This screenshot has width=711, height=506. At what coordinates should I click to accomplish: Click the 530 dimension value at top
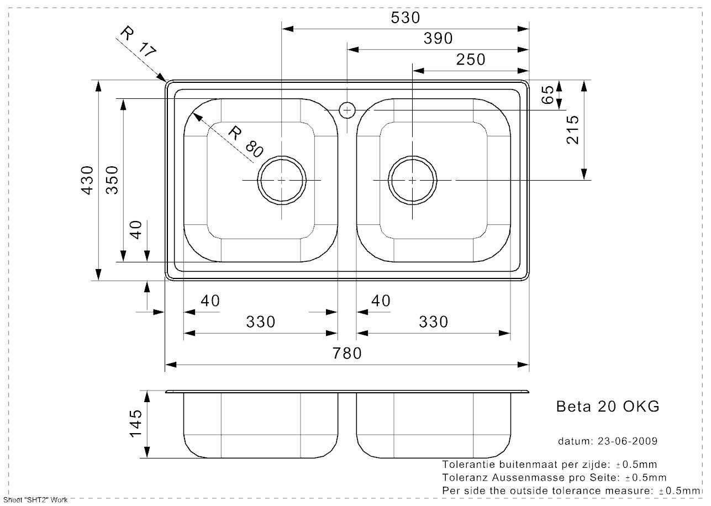pyautogui.click(x=405, y=18)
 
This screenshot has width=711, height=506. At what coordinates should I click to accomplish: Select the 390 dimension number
pyautogui.click(x=438, y=39)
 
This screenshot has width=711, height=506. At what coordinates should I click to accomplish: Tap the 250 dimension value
pyautogui.click(x=471, y=59)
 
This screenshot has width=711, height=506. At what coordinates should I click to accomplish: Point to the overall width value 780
pyautogui.click(x=347, y=354)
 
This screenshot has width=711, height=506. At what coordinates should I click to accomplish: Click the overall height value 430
pyautogui.click(x=88, y=180)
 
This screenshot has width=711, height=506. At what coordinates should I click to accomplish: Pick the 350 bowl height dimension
pyautogui.click(x=112, y=180)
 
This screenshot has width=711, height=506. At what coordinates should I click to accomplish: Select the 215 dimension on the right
pyautogui.click(x=572, y=130)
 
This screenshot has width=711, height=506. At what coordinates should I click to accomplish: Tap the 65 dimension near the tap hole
pyautogui.click(x=547, y=94)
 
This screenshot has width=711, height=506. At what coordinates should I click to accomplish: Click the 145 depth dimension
pyautogui.click(x=135, y=424)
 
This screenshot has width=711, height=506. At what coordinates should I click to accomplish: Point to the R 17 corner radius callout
pyautogui.click(x=139, y=42)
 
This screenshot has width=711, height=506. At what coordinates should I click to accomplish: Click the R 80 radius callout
pyautogui.click(x=246, y=141)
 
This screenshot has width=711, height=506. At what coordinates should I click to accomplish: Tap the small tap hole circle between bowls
pyautogui.click(x=347, y=110)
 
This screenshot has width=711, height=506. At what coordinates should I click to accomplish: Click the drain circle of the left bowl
pyautogui.click(x=282, y=156)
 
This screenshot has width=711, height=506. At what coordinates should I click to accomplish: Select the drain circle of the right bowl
pyautogui.click(x=412, y=156)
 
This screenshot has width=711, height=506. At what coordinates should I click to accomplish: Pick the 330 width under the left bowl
pyautogui.click(x=261, y=322)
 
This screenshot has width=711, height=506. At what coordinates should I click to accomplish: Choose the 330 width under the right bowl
pyautogui.click(x=433, y=322)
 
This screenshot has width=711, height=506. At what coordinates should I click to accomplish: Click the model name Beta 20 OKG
pyautogui.click(x=608, y=407)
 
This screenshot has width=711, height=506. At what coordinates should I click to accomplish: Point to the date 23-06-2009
pyautogui.click(x=628, y=441)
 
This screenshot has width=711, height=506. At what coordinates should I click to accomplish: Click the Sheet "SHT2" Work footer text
pyautogui.click(x=35, y=500)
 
